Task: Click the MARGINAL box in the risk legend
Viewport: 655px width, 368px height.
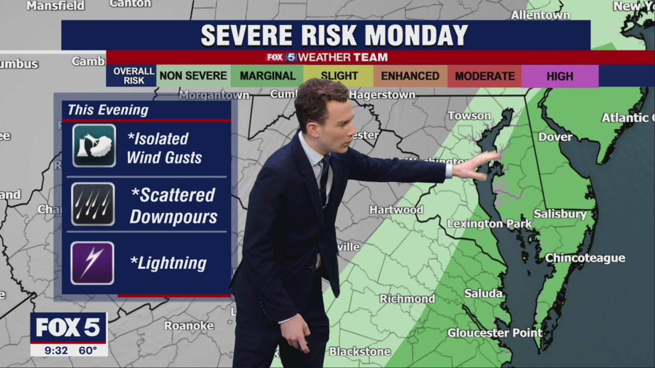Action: tap(268, 76)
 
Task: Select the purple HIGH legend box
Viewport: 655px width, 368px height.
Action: tap(560, 76)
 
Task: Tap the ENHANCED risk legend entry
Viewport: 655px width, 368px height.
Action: tap(410, 76)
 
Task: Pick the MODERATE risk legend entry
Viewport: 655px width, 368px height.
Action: tap(485, 76)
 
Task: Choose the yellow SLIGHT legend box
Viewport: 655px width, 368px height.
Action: tap(339, 76)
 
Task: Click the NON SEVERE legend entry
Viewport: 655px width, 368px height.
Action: tap(193, 76)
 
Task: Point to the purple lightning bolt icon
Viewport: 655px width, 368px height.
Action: tap(93, 263)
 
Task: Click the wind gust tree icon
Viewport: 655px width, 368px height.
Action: tap(94, 146)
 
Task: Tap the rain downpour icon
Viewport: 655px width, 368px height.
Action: tap(93, 204)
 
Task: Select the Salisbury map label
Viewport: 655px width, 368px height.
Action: tap(560, 214)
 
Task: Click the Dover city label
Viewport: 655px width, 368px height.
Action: tap(555, 136)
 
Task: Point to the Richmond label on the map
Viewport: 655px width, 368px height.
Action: tap(407, 298)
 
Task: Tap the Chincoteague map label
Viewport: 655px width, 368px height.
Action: tap(585, 258)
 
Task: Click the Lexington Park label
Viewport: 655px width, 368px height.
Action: tap(490, 224)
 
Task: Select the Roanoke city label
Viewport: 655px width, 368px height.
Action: tap(189, 326)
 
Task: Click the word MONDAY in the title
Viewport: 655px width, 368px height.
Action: tap(416, 35)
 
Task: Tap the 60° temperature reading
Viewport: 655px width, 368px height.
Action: tap(88, 350)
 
